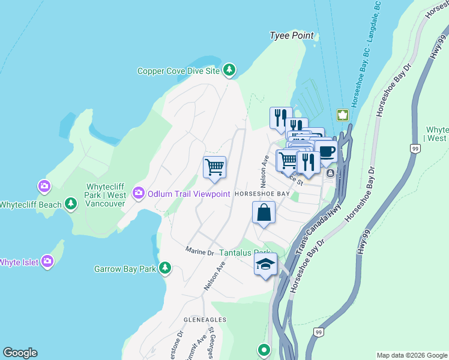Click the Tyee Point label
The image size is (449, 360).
click(292, 36)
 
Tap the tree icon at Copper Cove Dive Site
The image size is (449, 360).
click(229, 71)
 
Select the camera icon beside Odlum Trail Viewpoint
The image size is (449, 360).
click(139, 193)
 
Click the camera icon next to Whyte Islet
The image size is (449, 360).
click(47, 262)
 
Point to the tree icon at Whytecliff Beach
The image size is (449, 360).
click(71, 205)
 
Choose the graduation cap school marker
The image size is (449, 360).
click(265, 265)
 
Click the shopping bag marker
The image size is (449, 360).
click(264, 212)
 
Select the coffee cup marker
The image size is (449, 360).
click(326, 152)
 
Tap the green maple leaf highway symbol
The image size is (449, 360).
click(342, 115)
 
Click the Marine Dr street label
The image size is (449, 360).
click(199, 251)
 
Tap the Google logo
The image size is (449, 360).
click(20, 353)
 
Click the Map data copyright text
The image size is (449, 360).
click(411, 355)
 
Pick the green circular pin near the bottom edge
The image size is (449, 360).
click(263, 349)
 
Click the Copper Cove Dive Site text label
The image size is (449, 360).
click(178, 71)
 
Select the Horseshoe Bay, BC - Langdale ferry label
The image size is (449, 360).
click(366, 54)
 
